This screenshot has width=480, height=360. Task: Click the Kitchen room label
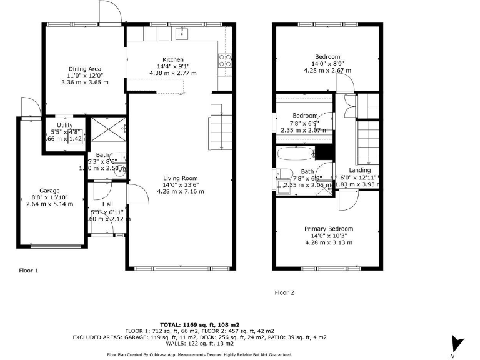(173, 60)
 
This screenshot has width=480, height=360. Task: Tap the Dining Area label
(85, 69)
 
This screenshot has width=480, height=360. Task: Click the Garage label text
(49, 191)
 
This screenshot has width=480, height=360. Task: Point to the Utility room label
(64, 125)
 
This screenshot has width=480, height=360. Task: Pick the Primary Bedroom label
(328, 229)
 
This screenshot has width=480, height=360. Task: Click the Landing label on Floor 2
(359, 170)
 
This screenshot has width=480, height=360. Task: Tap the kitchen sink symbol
(184, 32)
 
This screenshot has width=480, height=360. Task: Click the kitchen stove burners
(225, 60)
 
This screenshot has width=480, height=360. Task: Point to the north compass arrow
(458, 344)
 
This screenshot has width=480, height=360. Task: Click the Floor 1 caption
(28, 271)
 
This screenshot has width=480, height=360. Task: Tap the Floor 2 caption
(284, 292)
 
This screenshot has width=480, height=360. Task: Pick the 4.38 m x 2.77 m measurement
(173, 73)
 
